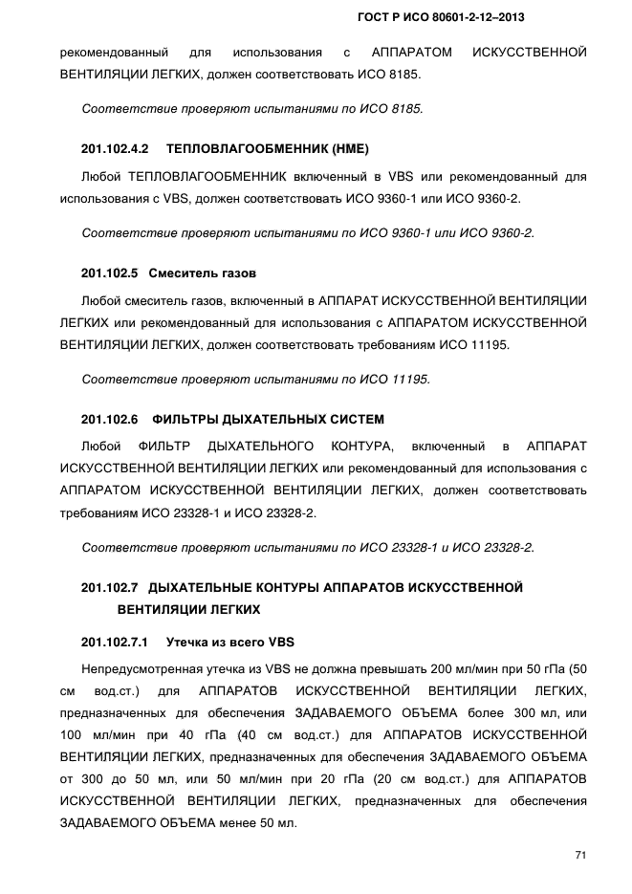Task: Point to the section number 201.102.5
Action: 110,273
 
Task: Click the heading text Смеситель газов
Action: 203,273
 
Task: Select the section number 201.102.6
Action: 110,419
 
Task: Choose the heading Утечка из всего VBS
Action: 231,642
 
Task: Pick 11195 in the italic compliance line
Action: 412,379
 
